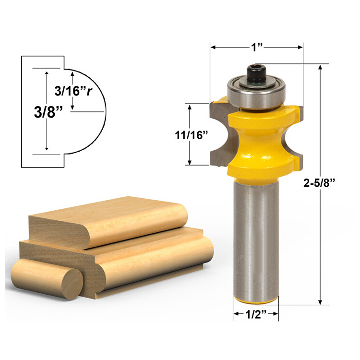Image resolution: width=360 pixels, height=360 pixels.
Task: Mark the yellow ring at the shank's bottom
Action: pos(255,300)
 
